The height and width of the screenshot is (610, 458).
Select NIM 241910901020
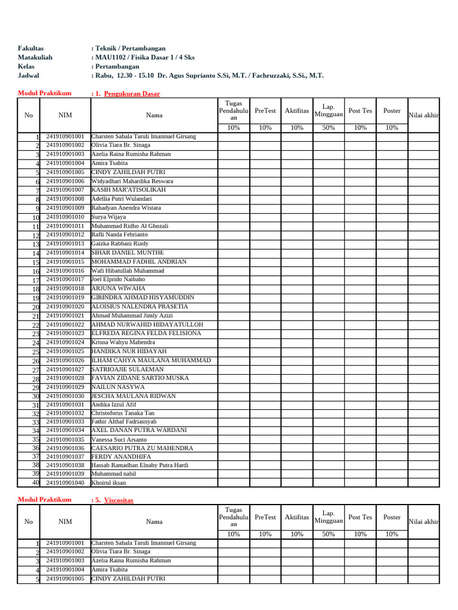click(x=65, y=306)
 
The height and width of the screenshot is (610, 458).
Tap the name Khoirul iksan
click(x=109, y=483)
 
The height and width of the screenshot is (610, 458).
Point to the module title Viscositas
click(x=119, y=500)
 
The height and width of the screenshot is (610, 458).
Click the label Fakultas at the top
click(x=31, y=48)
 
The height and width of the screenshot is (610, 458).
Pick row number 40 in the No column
click(x=35, y=483)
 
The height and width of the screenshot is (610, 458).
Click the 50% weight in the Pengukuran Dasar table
click(x=328, y=127)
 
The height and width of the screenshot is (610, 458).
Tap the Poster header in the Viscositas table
click(x=391, y=517)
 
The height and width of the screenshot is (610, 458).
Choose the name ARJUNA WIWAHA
click(x=118, y=288)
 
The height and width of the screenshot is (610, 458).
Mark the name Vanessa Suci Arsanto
click(x=119, y=439)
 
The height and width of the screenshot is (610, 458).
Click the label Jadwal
click(x=29, y=76)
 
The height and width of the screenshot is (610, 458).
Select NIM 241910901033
click(x=65, y=421)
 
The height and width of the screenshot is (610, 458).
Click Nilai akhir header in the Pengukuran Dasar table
click(x=423, y=115)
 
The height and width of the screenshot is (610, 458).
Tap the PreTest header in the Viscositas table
click(x=265, y=517)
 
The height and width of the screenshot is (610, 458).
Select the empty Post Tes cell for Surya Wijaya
click(x=360, y=217)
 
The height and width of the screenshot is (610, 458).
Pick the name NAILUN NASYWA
click(x=117, y=387)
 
